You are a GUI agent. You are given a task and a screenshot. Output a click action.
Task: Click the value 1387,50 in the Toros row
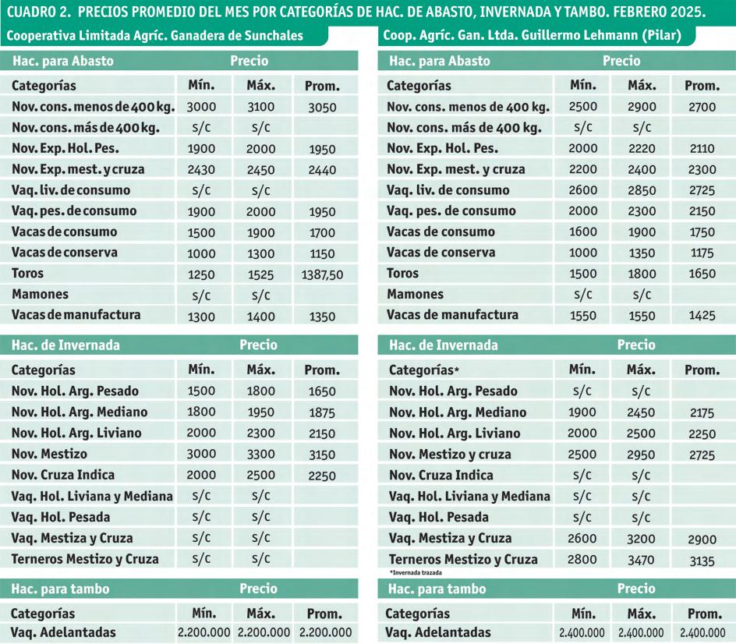click(322, 275)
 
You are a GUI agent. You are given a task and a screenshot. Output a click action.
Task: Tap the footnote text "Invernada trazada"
click(412, 572)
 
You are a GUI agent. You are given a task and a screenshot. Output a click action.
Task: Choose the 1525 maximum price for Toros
click(261, 275)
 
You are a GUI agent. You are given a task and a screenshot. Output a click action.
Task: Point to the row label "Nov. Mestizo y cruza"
click(450, 455)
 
